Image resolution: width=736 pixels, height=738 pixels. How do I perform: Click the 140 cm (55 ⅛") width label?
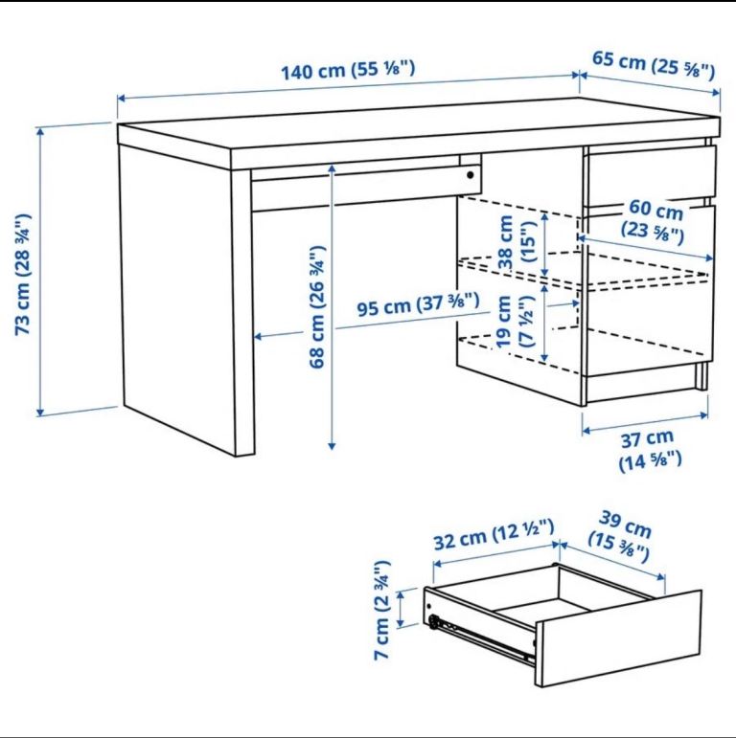[x=348, y=70]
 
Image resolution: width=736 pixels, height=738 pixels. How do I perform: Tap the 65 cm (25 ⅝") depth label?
[x=654, y=65]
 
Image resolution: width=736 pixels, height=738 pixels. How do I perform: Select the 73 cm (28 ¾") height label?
[x=23, y=274]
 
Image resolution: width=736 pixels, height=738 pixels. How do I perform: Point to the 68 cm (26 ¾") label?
[x=317, y=306]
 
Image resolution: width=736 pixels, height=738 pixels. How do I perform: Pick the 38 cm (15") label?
[x=517, y=241]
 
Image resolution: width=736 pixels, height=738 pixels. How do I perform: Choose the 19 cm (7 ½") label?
[x=516, y=322]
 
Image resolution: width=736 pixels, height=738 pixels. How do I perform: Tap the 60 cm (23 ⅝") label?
[x=654, y=220]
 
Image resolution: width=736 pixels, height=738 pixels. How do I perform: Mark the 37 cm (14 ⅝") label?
[x=650, y=450]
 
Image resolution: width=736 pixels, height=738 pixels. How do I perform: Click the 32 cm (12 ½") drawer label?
[x=494, y=534]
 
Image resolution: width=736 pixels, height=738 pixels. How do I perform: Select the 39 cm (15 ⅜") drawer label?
[x=621, y=536]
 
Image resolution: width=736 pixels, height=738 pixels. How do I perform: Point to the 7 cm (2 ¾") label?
[x=382, y=610]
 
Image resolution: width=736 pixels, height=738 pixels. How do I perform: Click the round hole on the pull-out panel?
[x=470, y=175]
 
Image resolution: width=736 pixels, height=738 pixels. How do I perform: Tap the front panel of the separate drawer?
[x=619, y=637]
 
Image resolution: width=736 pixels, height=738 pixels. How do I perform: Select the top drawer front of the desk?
[x=651, y=174]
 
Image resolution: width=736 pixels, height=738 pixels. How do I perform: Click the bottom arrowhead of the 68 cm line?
[x=332, y=446]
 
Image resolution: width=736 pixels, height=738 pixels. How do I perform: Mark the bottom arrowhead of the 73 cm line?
[x=40, y=413]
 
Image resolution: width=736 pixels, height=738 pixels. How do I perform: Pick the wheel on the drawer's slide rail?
[x=433, y=622]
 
